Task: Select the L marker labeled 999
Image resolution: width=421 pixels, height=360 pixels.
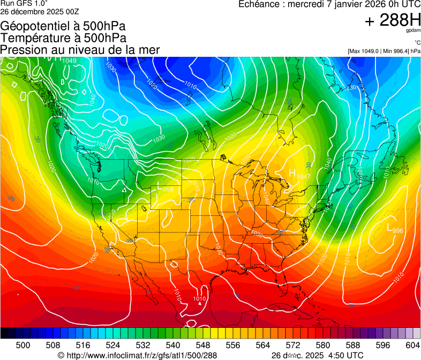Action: tap(160, 187)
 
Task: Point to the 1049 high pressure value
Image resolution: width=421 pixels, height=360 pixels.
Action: tap(69, 61)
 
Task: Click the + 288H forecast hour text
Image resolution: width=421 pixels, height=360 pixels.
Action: tap(392, 21)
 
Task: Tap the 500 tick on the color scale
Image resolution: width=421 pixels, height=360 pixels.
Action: tap(23, 345)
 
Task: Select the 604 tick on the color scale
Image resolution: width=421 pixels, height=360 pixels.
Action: tap(412, 345)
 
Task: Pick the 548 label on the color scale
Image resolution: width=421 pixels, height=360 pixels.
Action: tap(203, 345)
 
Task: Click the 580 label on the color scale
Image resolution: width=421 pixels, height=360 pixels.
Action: tap(322, 345)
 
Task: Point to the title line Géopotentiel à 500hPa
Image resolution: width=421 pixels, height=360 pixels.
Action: tap(63, 26)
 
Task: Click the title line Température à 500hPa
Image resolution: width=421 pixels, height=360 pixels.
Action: tap(63, 38)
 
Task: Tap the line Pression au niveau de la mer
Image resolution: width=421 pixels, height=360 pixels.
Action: tap(80, 50)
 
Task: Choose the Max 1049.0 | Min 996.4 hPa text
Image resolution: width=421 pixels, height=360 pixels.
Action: tap(384, 51)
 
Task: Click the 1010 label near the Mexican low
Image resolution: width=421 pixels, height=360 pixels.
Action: tap(199, 299)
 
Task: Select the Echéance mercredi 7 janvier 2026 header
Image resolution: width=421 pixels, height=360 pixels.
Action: tap(329, 5)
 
